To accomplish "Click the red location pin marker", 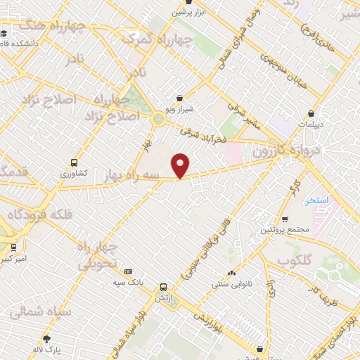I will (181, 165).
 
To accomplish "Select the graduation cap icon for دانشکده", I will (4, 32).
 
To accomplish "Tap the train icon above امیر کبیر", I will (13, 247).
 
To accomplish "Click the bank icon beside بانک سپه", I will (128, 271).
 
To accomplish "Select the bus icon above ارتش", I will (163, 287).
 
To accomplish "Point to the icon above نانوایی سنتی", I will (231, 274).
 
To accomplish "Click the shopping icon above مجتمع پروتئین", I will (285, 219).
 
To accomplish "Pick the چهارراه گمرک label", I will (148, 39).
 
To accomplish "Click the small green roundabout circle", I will (159, 120).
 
